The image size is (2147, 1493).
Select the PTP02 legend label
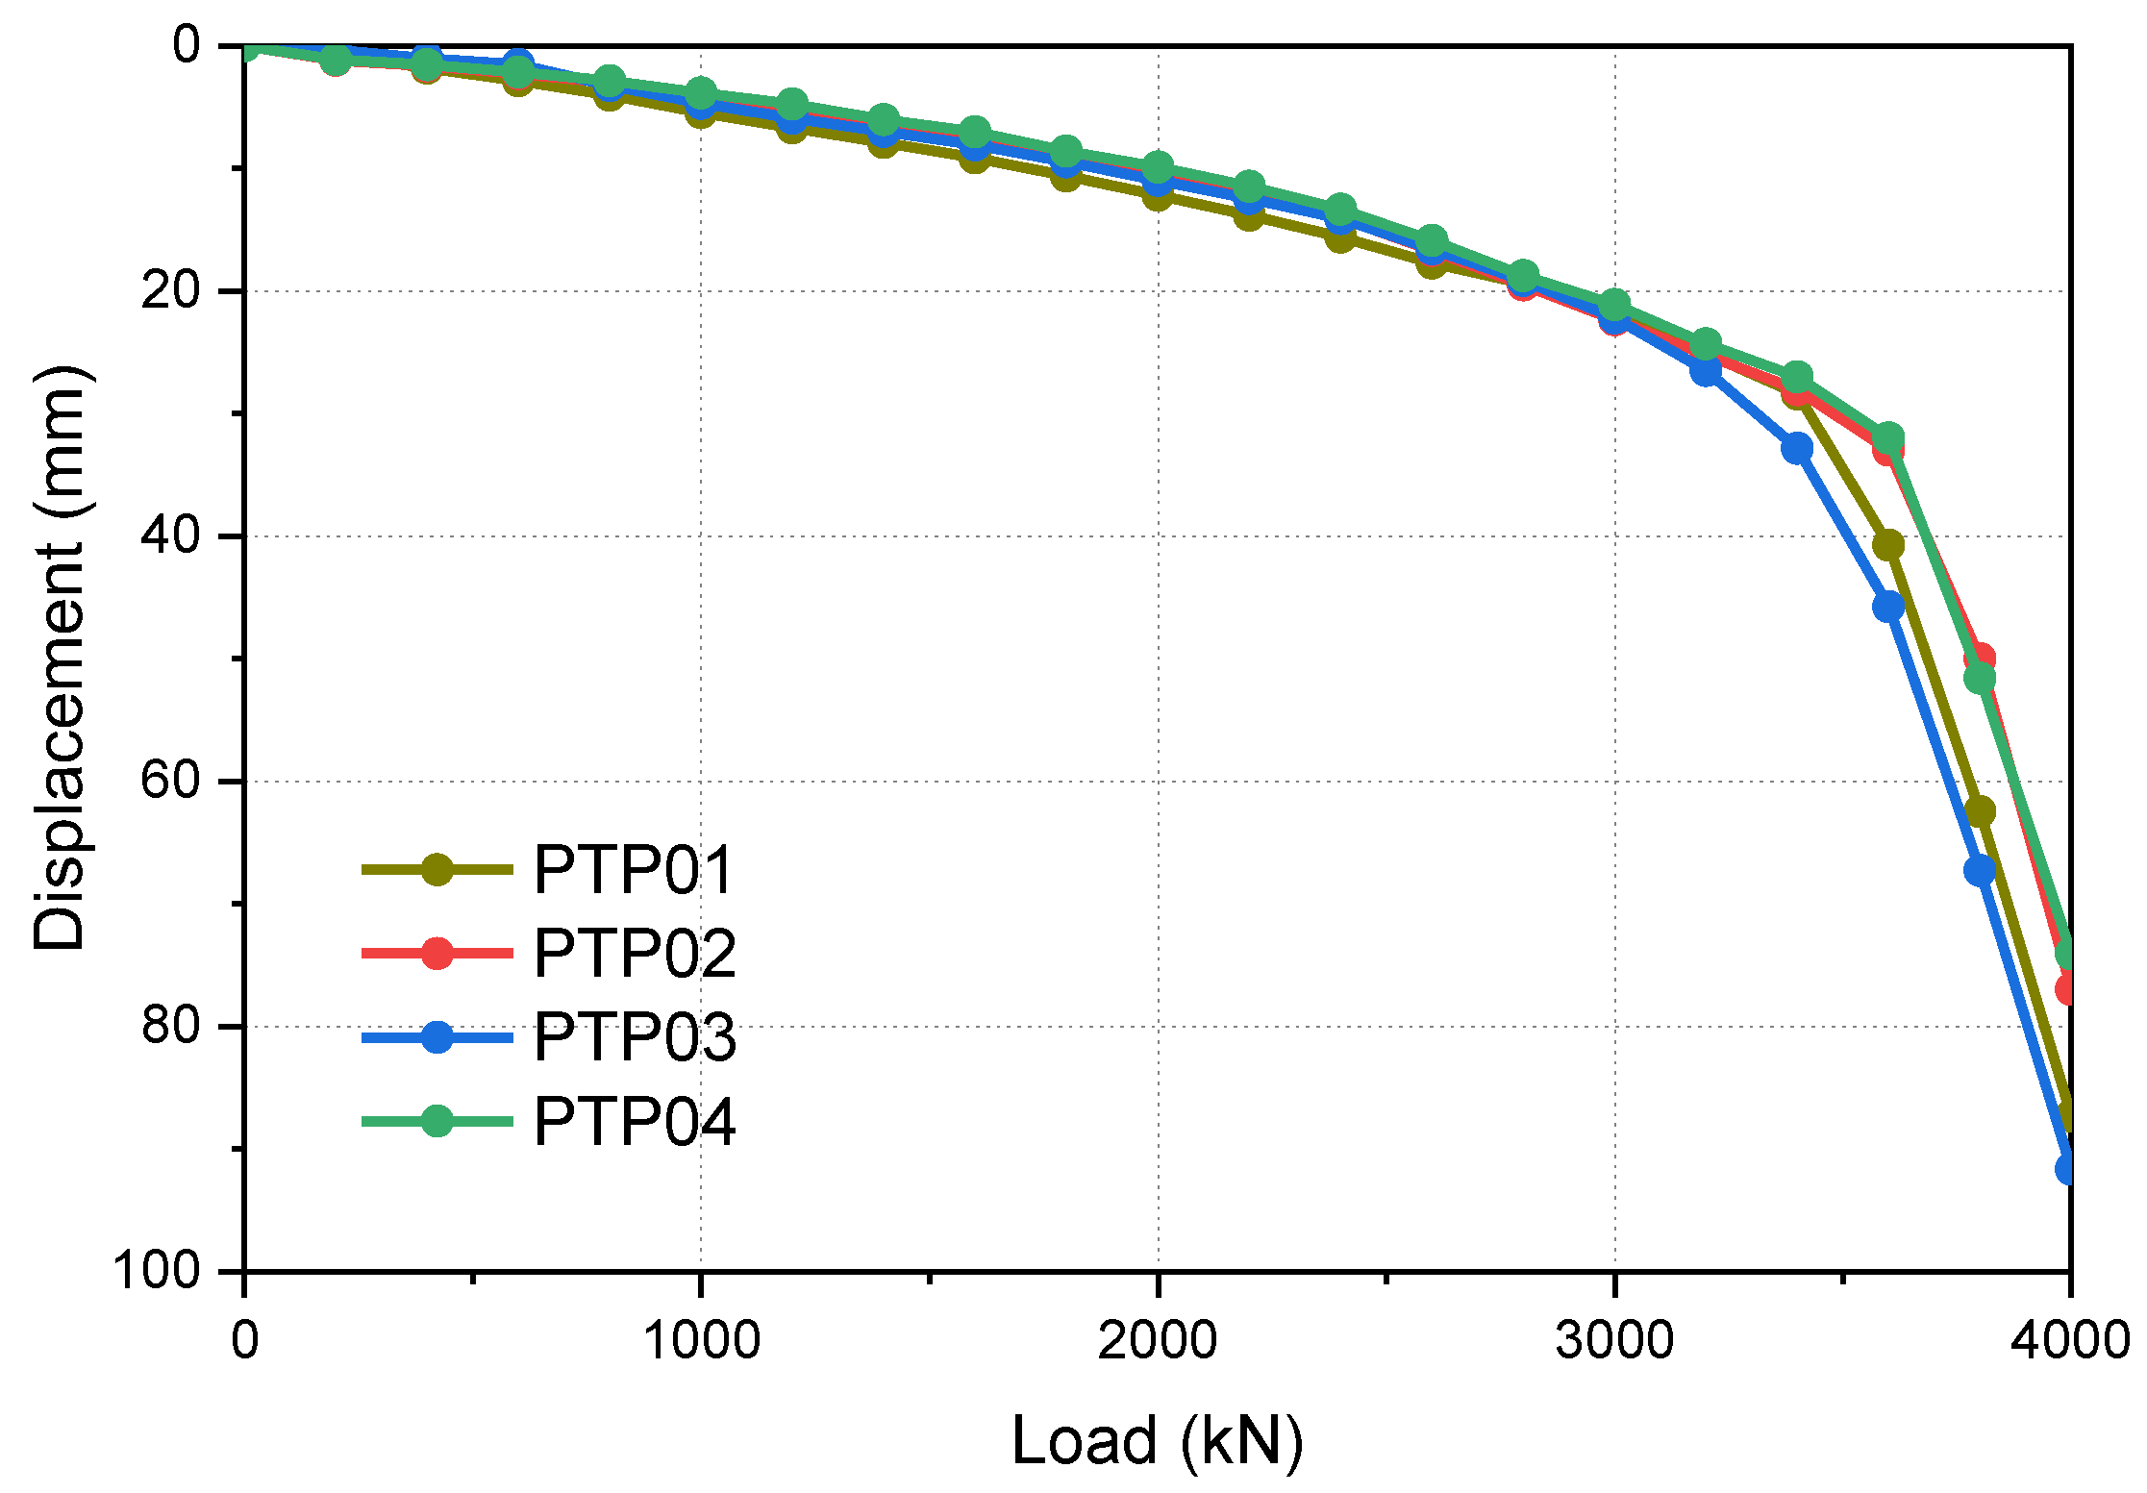[635, 954]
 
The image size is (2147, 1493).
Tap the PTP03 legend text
[635, 1037]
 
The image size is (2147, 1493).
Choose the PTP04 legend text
[635, 1121]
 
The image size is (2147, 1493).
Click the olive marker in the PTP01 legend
[437, 870]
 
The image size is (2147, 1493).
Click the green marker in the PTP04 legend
[437, 1121]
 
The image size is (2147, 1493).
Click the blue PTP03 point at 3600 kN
[1888, 607]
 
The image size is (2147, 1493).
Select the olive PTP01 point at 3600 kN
[1888, 545]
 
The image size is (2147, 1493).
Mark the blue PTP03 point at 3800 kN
[1980, 871]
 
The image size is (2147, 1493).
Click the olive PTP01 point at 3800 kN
[1980, 811]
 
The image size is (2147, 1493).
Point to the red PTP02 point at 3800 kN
[1980, 659]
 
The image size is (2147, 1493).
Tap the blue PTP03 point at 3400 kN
[1797, 448]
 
